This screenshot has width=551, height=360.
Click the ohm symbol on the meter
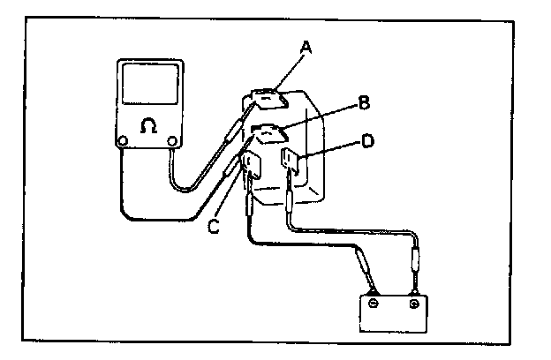pyautogui.click(x=149, y=126)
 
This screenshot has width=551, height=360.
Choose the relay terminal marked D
pyautogui.click(x=292, y=161)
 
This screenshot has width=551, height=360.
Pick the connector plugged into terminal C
pyautogui.click(x=250, y=206)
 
